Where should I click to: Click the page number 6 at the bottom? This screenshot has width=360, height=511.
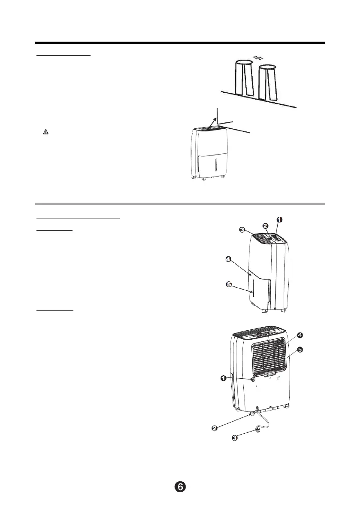[180, 487]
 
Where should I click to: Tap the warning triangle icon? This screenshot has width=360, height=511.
[46, 132]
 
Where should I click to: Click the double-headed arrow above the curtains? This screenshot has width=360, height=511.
[258, 57]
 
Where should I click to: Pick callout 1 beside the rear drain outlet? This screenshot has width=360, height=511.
[224, 378]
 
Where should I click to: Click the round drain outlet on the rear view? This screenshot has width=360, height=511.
[253, 379]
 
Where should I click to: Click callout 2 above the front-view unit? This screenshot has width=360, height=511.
[266, 225]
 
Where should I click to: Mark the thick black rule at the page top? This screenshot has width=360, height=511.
[180, 43]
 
